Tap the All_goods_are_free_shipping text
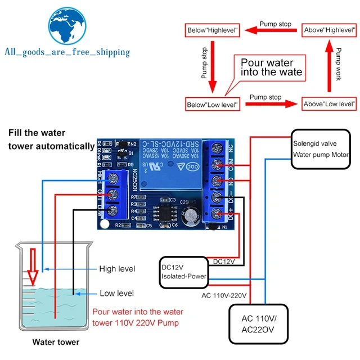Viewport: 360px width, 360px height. coord(67,52)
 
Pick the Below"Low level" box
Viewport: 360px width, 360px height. coord(213,104)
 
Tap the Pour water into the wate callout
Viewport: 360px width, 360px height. coord(271,67)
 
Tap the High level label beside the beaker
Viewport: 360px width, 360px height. coord(117,269)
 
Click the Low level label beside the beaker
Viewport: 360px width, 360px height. coord(116,293)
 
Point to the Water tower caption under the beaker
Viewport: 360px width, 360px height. coord(56,341)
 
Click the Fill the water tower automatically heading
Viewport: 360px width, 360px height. coord(51,139)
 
